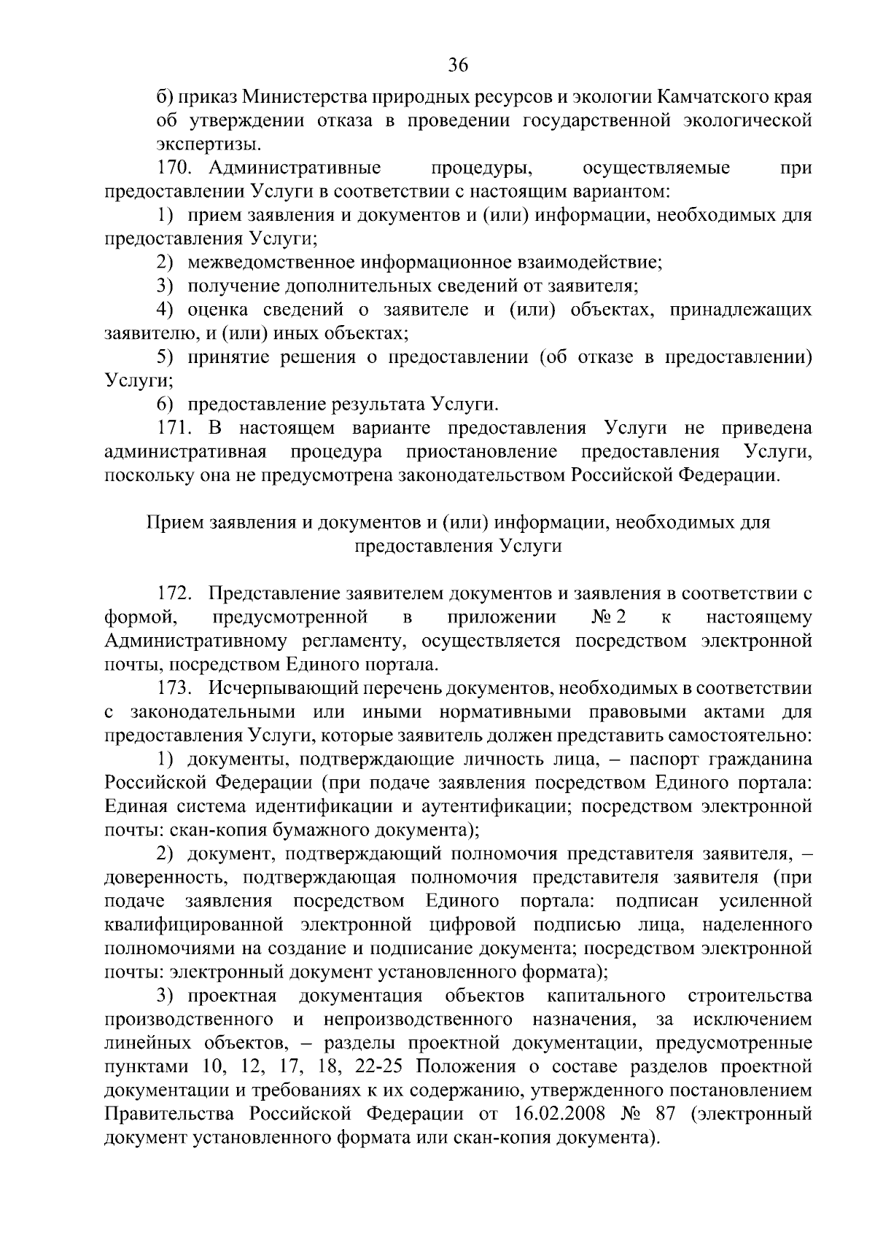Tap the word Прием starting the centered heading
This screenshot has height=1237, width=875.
coord(175,523)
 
